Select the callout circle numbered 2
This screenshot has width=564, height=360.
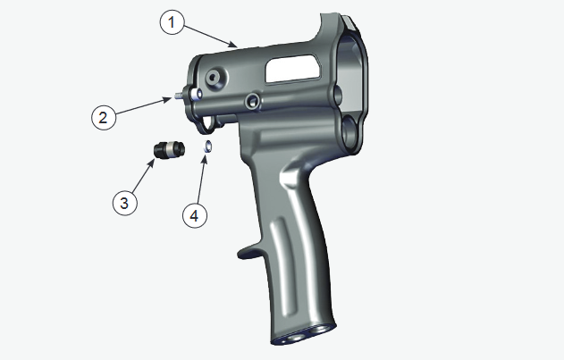pos(104,116)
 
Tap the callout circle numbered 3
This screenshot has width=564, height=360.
pos(125,203)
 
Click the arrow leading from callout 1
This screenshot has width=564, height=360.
pos(210,35)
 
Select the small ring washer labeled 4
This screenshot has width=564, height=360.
pos(206,145)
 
